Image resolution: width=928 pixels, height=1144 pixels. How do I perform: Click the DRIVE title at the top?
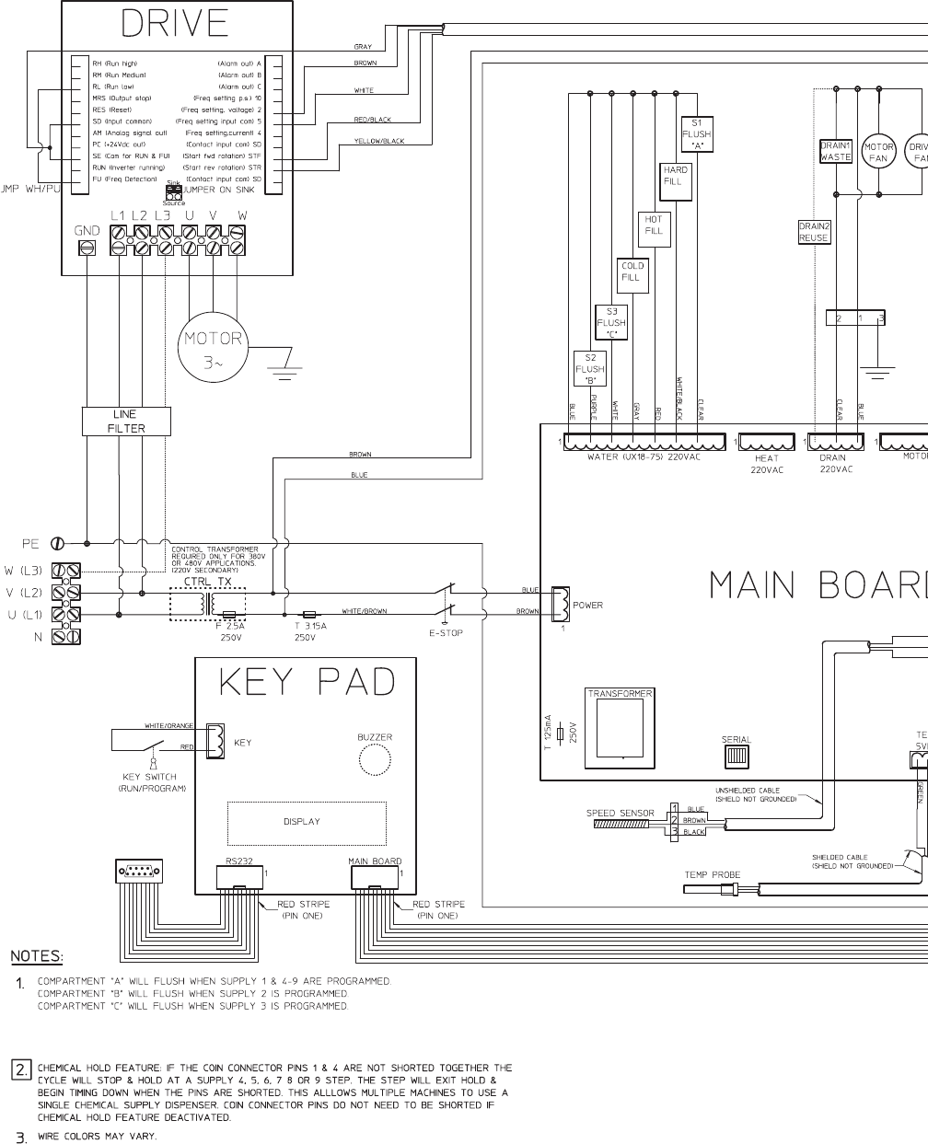pos(175,25)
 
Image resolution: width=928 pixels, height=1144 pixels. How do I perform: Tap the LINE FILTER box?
pos(126,422)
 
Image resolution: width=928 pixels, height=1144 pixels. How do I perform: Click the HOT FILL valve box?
pos(654,225)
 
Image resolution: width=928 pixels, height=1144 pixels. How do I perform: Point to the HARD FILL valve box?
pos(676,176)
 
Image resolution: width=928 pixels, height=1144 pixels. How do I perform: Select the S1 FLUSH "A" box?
pos(697,133)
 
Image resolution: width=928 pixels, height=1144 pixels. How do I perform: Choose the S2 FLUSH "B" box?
pos(590,369)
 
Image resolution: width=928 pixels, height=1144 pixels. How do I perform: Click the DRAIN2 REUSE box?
pos(814,232)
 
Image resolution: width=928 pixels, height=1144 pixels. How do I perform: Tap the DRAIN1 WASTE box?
pos(836,152)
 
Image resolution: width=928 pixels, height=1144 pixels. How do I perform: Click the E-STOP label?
pos(446,633)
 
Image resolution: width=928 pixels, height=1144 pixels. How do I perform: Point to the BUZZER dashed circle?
pos(375,760)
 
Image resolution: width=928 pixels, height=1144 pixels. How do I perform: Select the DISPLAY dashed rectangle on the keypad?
pos(307,823)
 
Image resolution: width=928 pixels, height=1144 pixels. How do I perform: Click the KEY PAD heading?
pos(307,682)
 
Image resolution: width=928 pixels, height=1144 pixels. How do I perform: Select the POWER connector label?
pos(588,606)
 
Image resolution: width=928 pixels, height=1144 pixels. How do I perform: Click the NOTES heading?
pos(37,956)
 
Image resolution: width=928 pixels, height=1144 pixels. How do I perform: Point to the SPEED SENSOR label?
pos(621,814)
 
